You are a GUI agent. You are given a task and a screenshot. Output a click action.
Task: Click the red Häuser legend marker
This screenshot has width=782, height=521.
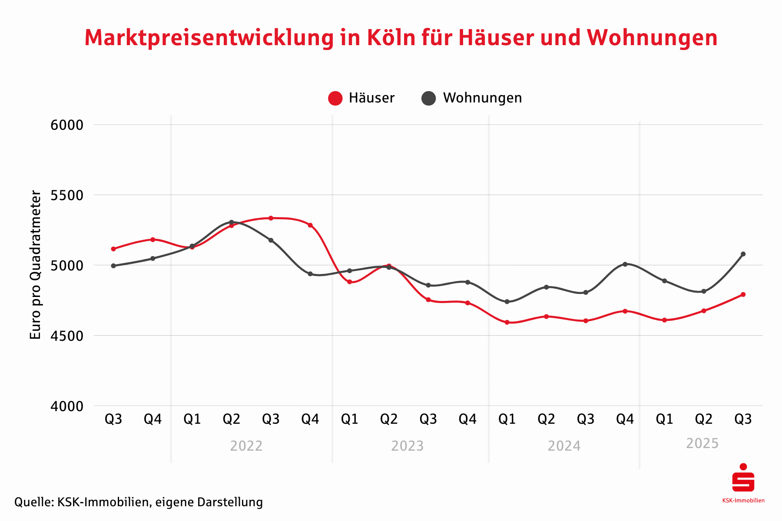[x=335, y=98]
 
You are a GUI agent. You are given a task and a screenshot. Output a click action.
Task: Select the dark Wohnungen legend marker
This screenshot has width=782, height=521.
[x=429, y=98]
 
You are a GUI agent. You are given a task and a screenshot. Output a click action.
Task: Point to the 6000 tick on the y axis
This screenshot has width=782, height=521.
[x=67, y=125]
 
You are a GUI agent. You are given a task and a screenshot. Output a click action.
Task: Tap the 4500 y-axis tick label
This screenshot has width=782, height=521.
[x=67, y=336]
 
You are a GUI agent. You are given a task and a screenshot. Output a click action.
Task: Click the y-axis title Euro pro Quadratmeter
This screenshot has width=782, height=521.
[x=36, y=265]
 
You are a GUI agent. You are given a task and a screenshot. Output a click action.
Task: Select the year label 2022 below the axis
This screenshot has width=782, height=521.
[x=246, y=446]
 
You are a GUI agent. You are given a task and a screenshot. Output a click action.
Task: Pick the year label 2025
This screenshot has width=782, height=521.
[x=702, y=443]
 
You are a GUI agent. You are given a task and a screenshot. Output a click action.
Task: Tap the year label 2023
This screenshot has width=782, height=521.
[x=407, y=446]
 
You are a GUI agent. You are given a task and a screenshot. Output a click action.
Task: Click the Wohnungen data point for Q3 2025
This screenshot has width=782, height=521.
[x=743, y=254]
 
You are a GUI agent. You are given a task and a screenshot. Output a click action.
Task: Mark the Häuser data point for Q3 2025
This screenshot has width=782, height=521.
[x=743, y=294]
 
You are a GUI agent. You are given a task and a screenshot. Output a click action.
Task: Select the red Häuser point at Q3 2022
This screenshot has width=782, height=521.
[x=271, y=218]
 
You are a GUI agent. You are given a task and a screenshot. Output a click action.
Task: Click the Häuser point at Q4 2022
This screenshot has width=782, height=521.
[x=310, y=225]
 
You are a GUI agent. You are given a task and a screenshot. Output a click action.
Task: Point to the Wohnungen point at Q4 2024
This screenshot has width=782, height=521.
[x=625, y=264]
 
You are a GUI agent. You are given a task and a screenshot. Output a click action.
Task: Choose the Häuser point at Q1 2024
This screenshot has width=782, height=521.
[x=507, y=322]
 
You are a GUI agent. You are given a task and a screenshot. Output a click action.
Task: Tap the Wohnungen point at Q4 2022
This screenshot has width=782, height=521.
[x=310, y=274]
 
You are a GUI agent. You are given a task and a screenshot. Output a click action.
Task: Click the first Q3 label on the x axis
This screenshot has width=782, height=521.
[x=113, y=419]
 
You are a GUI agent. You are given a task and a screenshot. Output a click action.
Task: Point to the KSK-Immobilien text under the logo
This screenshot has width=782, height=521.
[x=743, y=501]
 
